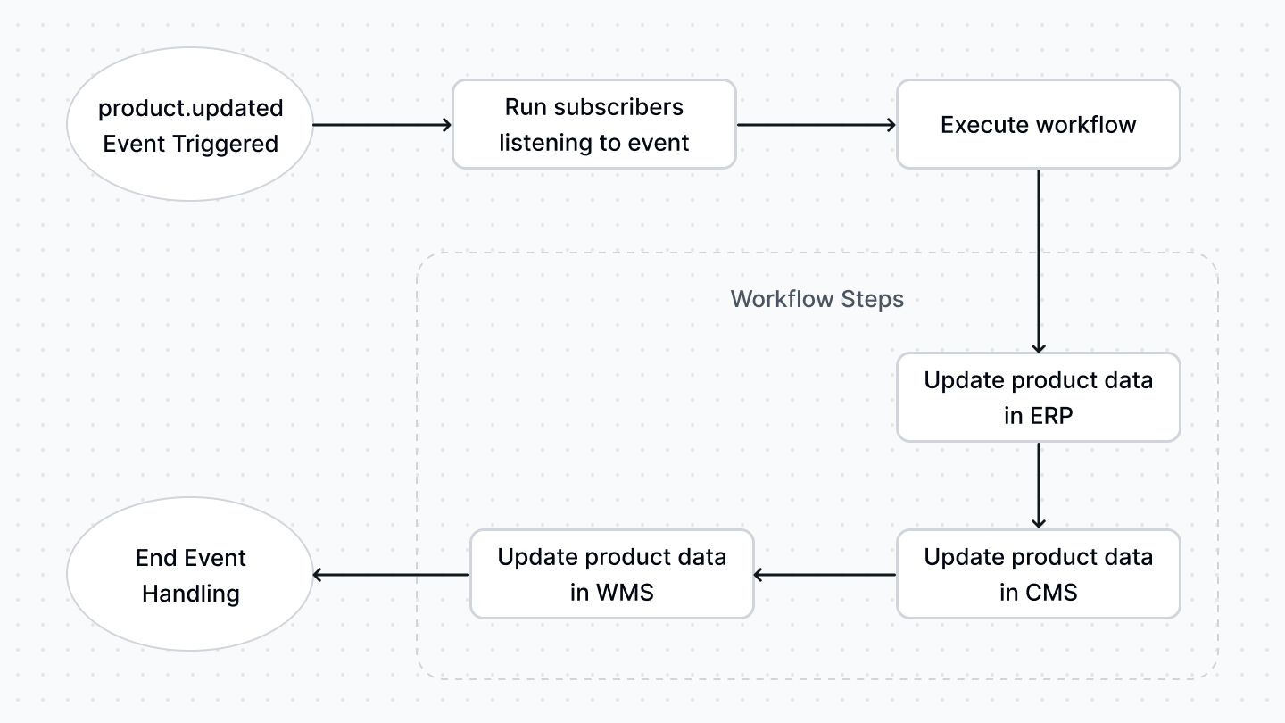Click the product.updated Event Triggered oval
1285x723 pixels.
190,125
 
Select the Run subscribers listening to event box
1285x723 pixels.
593,125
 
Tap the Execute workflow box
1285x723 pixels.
1038,125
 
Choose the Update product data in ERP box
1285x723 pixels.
1038,397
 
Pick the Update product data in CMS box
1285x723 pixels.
1038,574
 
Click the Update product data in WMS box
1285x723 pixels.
611,574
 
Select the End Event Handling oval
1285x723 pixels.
190,575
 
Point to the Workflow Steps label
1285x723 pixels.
817,299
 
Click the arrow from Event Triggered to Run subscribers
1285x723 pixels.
382,125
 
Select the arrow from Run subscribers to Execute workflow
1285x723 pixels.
817,125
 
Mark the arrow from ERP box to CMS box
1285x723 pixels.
1038,486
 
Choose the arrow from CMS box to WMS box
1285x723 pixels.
825,575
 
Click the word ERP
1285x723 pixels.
1050,415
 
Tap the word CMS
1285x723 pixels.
1052,592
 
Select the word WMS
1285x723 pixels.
624,592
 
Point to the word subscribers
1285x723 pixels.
618,107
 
